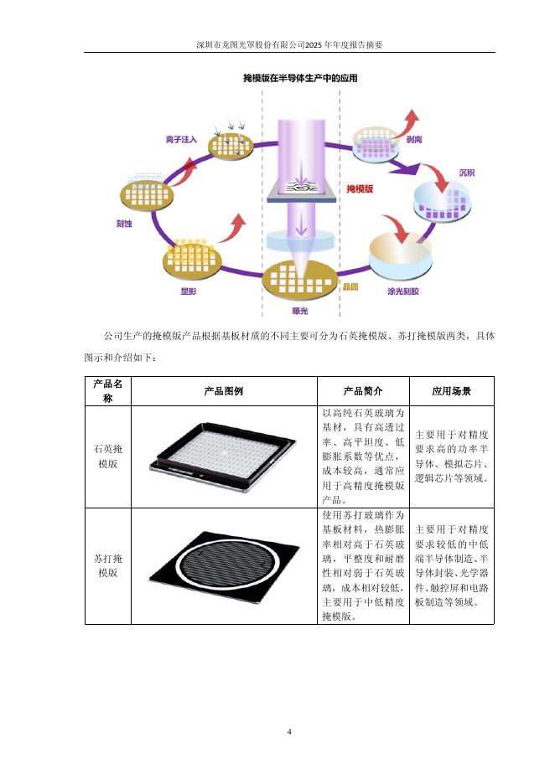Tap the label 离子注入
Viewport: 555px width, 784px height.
[x=181, y=139]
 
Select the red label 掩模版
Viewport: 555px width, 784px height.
[x=360, y=189]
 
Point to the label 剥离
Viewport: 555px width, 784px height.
[x=413, y=141]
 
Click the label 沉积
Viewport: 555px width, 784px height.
[x=466, y=173]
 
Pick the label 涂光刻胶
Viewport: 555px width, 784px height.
[x=402, y=291]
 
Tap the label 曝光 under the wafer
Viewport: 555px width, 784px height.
[x=299, y=310]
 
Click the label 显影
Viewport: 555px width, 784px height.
[x=189, y=291]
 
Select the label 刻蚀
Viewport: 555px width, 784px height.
[x=124, y=223]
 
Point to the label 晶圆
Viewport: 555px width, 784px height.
[x=350, y=286]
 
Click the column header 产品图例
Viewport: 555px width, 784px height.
[x=224, y=391]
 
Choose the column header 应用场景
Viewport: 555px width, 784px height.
[x=451, y=391]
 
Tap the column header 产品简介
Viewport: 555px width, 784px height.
[x=363, y=391]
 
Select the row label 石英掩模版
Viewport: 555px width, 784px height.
[x=108, y=456]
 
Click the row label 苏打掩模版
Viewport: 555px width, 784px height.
[x=108, y=565]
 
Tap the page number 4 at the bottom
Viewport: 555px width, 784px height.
[x=289, y=732]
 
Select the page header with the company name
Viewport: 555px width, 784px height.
[x=289, y=44]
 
